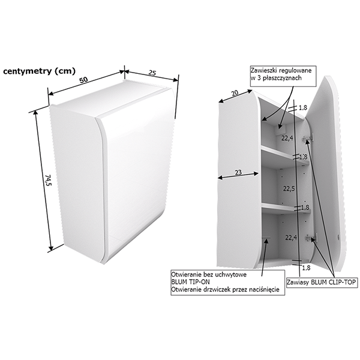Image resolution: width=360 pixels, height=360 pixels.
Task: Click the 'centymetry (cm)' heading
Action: (x=39, y=71)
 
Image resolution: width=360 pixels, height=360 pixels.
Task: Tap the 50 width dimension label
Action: (x=84, y=80)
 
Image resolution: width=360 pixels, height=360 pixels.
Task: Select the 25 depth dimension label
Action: (x=152, y=73)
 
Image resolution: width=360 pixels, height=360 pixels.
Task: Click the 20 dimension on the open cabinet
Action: (x=235, y=93)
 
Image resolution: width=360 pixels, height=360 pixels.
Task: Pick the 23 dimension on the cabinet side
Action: (x=238, y=172)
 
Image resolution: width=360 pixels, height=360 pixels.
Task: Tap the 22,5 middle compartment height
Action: (x=289, y=189)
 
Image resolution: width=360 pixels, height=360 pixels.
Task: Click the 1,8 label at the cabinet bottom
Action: (x=305, y=268)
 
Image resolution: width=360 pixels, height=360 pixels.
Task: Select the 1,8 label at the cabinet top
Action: (x=302, y=108)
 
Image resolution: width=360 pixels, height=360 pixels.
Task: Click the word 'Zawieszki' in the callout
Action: (x=263, y=70)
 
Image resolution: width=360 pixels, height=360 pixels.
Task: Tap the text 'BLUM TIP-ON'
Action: (x=191, y=282)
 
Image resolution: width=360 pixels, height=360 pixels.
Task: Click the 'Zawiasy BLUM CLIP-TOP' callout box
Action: (x=322, y=282)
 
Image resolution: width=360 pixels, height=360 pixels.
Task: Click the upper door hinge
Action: (x=307, y=139)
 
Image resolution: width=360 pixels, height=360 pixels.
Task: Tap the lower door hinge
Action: (x=310, y=238)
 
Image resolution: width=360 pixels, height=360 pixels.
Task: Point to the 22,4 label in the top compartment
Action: (x=287, y=138)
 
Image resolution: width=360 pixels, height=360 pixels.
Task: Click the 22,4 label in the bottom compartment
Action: (x=291, y=238)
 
